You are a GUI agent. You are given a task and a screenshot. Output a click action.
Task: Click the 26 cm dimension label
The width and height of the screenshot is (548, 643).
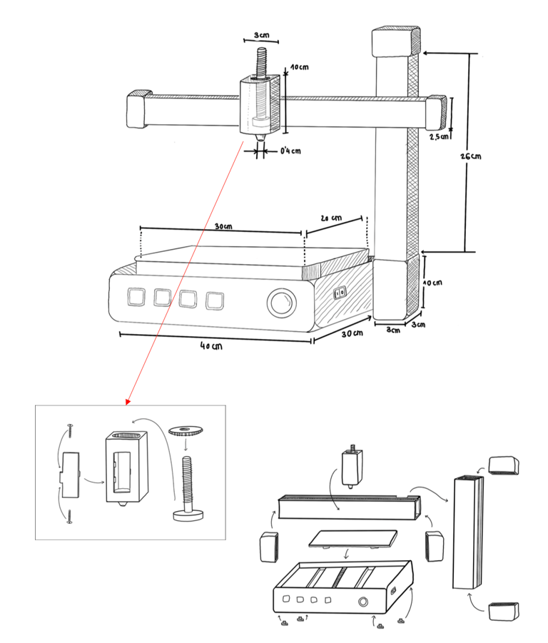470,156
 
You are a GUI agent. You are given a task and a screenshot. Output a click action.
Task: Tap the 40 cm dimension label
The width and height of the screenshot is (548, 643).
211,346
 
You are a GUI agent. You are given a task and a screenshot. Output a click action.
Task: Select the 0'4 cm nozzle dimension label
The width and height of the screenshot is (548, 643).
290,151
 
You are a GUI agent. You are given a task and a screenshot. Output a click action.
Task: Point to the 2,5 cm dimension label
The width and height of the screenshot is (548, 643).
439,136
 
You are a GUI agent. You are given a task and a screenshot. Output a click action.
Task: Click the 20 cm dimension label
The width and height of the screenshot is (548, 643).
331,218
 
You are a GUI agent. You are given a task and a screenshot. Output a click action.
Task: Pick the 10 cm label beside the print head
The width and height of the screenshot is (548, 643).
300,67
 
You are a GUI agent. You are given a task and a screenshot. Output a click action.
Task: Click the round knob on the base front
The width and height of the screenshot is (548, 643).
282,303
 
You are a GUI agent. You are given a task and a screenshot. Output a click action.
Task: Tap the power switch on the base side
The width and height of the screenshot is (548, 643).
340,293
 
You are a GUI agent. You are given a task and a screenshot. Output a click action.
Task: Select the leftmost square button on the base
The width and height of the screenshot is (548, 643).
136,296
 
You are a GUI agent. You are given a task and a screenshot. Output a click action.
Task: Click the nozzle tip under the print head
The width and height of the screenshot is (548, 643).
258,138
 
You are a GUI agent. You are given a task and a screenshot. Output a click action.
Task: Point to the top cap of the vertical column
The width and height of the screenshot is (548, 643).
396,41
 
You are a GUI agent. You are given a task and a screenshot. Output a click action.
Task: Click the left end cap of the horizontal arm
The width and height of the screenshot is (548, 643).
138,108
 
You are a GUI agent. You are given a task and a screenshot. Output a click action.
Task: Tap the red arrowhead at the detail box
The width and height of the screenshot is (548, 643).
128,402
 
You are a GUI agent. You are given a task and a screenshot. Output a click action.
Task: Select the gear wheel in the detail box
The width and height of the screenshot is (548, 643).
186,431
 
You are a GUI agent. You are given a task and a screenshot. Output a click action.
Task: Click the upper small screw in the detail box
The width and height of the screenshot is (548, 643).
70,430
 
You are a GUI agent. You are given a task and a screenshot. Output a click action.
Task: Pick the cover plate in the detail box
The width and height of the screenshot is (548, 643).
70,475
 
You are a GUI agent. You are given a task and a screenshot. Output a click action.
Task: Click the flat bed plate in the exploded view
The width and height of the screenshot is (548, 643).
353,539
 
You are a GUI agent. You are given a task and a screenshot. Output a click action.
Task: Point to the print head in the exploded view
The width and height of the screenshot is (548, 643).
352,466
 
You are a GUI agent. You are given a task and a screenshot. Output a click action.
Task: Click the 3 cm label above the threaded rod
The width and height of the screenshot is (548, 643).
261,35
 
